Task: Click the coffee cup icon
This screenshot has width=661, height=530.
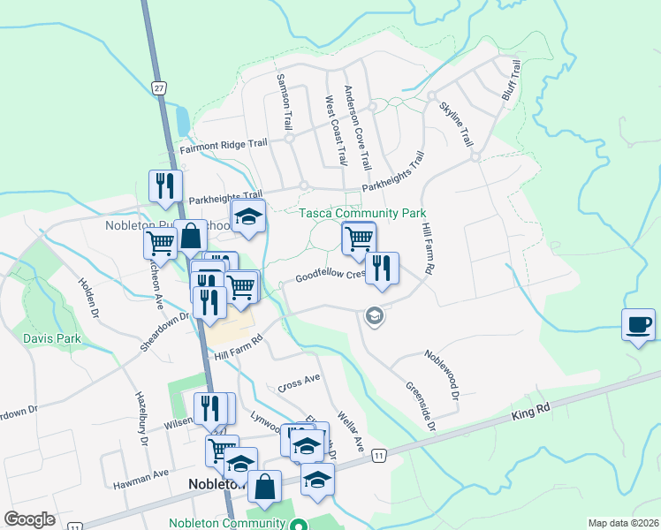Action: point(639,324)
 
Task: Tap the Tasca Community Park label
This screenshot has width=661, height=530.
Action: point(362,213)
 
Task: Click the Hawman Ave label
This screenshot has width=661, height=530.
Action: point(141,473)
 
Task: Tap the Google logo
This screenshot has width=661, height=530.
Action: point(29,519)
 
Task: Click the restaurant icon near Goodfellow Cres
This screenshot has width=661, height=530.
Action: point(382,268)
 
